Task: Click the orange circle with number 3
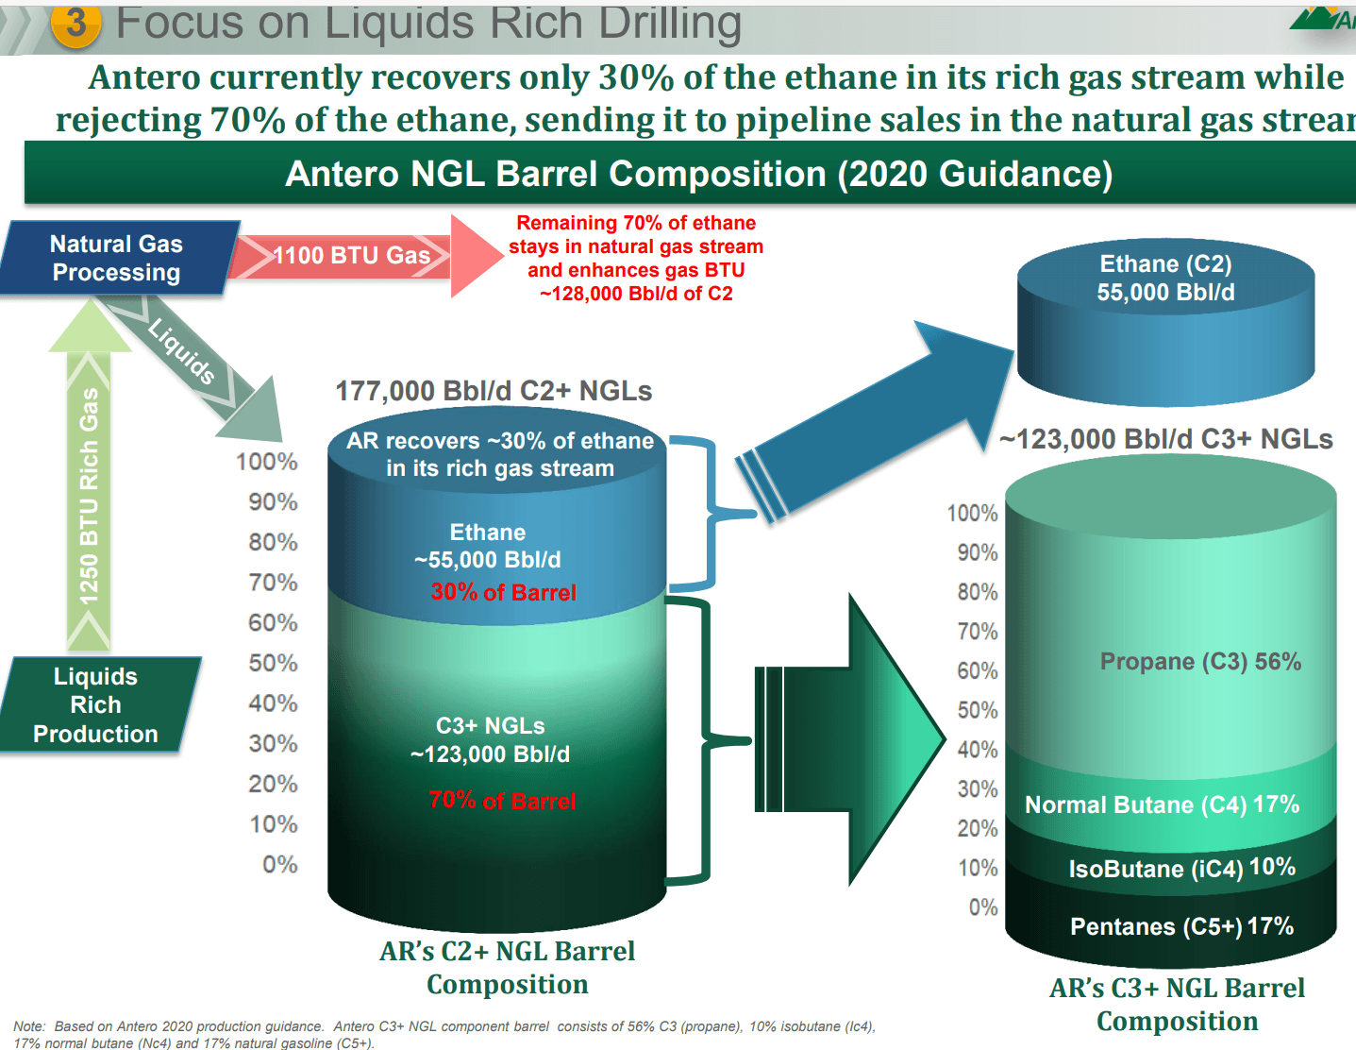click(75, 25)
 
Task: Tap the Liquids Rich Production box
click(97, 704)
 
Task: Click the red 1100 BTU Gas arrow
click(365, 256)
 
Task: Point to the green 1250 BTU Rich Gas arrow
click(90, 474)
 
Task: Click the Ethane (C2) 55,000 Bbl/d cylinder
click(1165, 322)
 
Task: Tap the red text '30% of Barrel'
click(504, 592)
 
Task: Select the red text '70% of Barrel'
click(502, 801)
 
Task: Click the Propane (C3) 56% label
click(1200, 661)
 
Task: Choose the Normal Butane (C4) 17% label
click(1162, 804)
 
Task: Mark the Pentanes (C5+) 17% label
click(1181, 926)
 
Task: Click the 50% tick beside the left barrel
click(273, 663)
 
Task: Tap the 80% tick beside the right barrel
click(978, 592)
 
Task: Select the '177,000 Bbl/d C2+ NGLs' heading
click(494, 392)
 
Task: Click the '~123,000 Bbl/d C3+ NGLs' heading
click(1165, 439)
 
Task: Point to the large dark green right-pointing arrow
click(850, 739)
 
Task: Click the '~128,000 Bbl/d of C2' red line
click(636, 294)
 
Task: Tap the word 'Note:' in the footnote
click(29, 1026)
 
